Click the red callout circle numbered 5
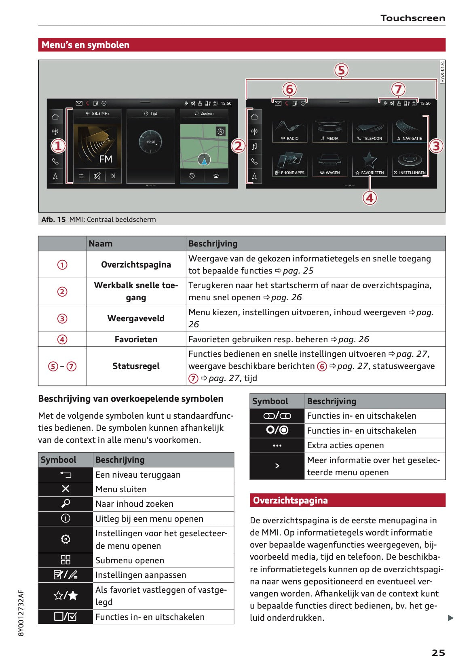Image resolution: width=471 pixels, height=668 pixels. [341, 70]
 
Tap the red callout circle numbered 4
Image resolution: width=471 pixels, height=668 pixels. [370, 198]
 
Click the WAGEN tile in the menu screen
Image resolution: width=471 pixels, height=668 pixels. [330, 164]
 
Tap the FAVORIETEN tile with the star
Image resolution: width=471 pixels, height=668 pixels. [370, 164]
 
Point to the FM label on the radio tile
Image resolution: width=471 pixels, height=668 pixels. [106, 159]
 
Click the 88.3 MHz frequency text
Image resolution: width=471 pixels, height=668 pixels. [100, 114]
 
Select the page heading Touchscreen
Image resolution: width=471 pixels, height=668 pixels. [412, 18]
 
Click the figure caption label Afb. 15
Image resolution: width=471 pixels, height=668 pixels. [53, 219]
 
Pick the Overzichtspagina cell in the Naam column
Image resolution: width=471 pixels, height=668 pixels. [136, 265]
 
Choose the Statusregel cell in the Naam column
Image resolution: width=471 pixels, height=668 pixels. [136, 366]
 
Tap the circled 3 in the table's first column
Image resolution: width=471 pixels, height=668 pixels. [62, 318]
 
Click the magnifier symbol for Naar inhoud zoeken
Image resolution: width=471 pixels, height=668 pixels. [65, 504]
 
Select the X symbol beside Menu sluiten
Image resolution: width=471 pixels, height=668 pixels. [65, 489]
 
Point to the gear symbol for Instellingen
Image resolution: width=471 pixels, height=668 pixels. [65, 539]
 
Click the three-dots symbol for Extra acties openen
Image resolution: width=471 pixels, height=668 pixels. [277, 445]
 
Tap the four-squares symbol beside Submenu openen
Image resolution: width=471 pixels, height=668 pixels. [65, 560]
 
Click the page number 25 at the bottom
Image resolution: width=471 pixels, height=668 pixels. [438, 653]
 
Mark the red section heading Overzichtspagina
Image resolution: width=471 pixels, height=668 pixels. [290, 500]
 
